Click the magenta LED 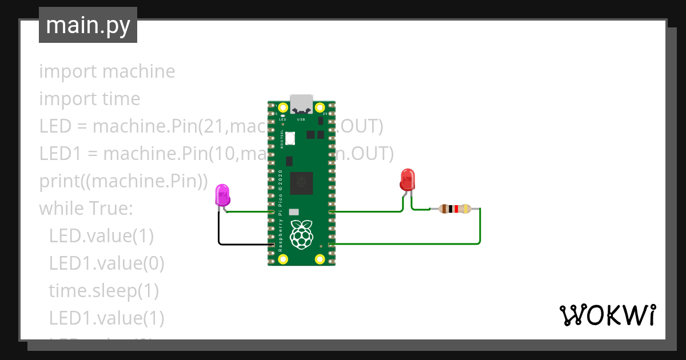(x=222, y=195)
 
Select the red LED (x=407, y=179)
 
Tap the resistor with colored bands (x=454, y=209)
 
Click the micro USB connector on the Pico (x=302, y=104)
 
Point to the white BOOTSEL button (x=290, y=138)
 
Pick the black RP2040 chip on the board (x=301, y=183)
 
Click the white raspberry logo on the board (x=301, y=234)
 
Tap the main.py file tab (x=88, y=25)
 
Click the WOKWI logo (x=608, y=315)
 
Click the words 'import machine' (x=107, y=71)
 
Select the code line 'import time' (x=90, y=99)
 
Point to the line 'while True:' (x=86, y=209)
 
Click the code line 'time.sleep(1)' (x=103, y=291)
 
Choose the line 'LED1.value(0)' (x=106, y=263)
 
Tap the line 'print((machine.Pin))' (x=123, y=181)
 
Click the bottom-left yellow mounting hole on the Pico (x=284, y=259)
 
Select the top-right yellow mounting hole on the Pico (x=320, y=107)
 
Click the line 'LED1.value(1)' (x=106, y=318)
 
